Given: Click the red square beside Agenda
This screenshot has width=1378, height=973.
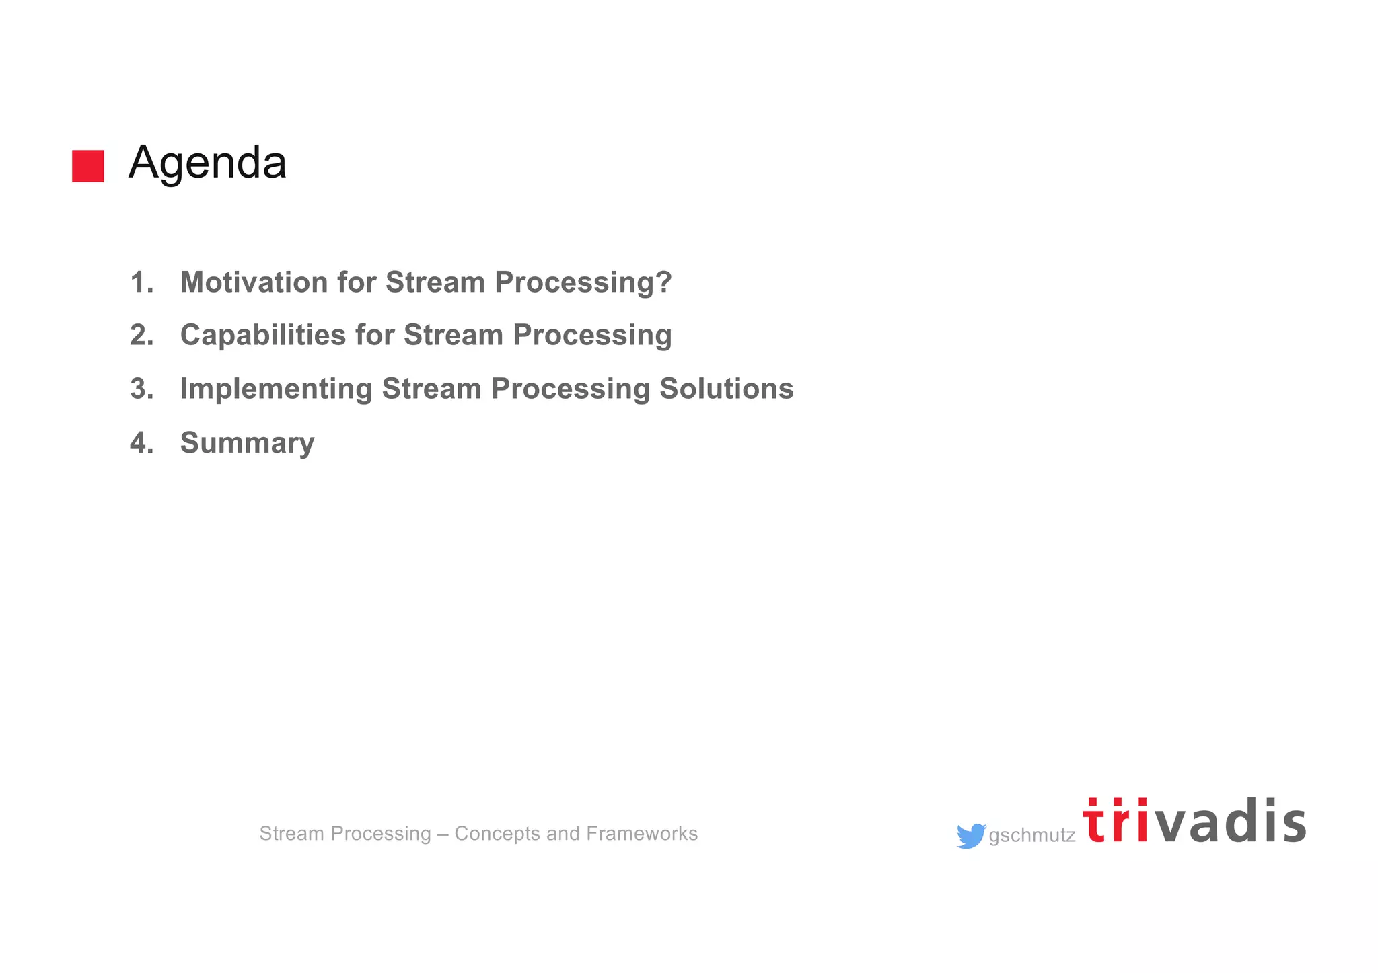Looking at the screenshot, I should (x=88, y=166).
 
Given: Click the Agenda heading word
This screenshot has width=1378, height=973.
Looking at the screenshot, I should (x=207, y=163).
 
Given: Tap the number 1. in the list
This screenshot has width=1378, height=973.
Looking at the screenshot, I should (x=141, y=282).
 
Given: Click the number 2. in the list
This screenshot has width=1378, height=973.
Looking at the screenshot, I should (x=141, y=335).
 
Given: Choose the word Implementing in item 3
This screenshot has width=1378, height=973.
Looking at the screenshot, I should (x=276, y=389).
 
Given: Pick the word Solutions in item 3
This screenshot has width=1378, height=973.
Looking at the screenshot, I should (x=726, y=389).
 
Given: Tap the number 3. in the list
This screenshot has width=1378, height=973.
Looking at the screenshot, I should (x=141, y=389).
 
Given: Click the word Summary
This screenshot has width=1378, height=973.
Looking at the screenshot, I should (x=247, y=443).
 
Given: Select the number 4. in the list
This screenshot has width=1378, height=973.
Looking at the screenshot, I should (x=141, y=443).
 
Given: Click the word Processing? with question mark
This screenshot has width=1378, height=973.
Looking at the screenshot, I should (x=583, y=282).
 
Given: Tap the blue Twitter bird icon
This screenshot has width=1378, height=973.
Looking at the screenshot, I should (x=970, y=836).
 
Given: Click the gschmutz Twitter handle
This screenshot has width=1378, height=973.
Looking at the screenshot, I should (x=1031, y=836).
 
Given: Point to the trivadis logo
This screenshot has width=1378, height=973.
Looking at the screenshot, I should (x=1194, y=821).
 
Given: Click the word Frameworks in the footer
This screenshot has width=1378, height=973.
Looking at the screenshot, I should (x=642, y=834).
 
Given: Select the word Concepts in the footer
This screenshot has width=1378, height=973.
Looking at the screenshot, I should (x=497, y=834).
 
